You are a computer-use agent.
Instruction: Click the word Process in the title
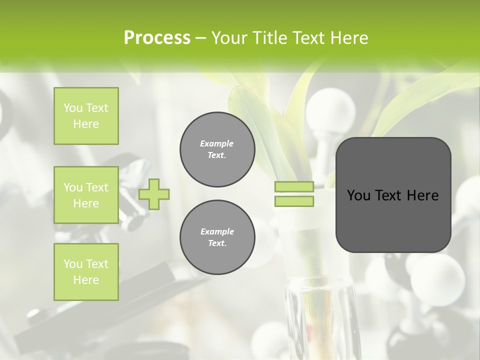pyautogui.click(x=157, y=38)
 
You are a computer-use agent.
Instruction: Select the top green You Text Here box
pyautogui.click(x=86, y=116)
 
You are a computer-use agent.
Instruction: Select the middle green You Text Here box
pyautogui.click(x=86, y=195)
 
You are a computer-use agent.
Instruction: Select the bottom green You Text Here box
pyautogui.click(x=86, y=272)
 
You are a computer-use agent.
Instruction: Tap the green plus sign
pyautogui.click(x=154, y=194)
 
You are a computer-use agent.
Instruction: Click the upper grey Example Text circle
pyautogui.click(x=217, y=149)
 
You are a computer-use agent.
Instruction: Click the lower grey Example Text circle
pyautogui.click(x=217, y=237)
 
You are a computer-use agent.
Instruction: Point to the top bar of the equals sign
pyautogui.click(x=294, y=187)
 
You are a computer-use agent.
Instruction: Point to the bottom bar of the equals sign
pyautogui.click(x=294, y=201)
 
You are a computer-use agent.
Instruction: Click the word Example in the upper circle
pyautogui.click(x=217, y=143)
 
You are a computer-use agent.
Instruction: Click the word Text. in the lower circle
pyautogui.click(x=217, y=243)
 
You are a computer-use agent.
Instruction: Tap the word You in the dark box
pyautogui.click(x=358, y=195)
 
